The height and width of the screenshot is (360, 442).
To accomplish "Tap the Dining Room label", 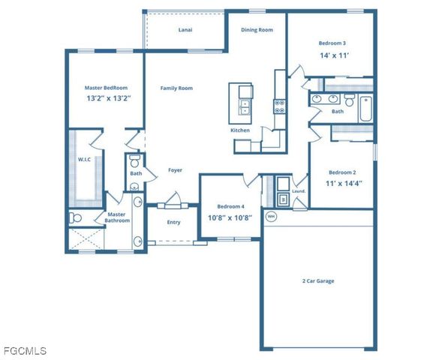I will [256, 30].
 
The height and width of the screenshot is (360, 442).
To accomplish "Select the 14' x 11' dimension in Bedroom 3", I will [333, 55].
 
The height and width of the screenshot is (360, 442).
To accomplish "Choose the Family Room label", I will [176, 88].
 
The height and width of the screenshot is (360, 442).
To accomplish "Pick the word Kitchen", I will [240, 130].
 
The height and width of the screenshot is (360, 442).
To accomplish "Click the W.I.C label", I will [84, 159].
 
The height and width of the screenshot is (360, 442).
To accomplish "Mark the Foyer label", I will [175, 170].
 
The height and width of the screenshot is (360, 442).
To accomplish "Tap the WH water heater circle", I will [271, 217].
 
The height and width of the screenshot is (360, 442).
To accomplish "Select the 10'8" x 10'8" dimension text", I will [230, 217].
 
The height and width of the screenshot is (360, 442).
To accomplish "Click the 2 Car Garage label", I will [317, 280].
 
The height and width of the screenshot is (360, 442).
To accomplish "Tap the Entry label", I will [173, 222].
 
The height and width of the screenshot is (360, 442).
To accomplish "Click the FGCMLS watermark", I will [24, 350].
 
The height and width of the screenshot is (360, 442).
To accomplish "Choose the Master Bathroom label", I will [117, 217].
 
